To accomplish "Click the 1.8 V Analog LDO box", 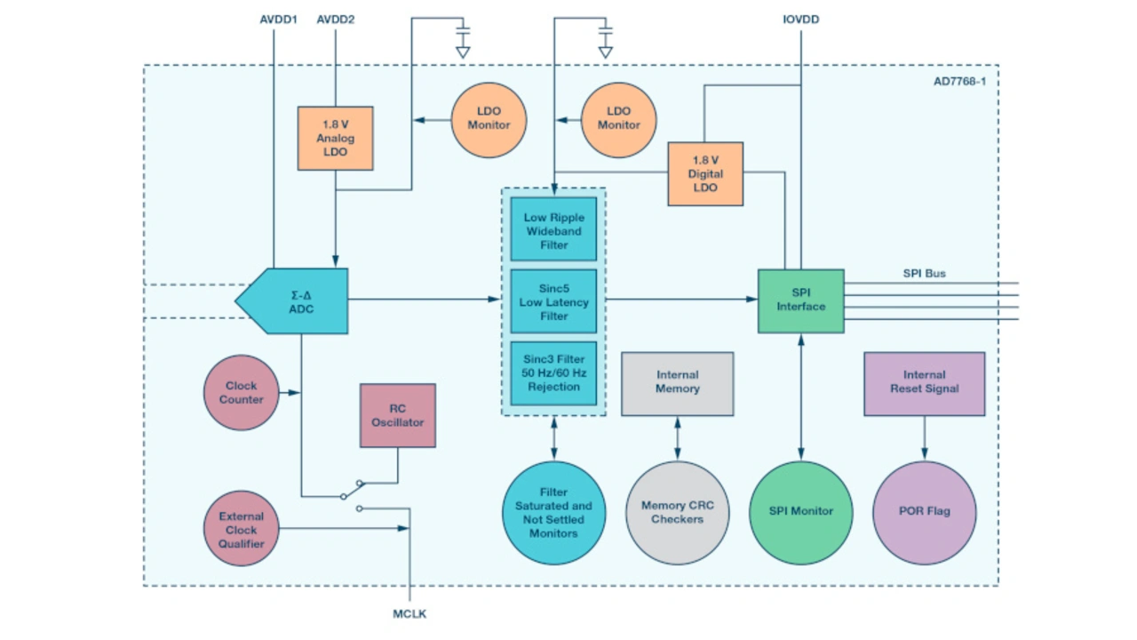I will click(x=335, y=138).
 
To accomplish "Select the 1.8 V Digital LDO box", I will click(x=705, y=174).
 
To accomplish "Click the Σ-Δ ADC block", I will click(x=298, y=301).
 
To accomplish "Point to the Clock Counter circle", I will click(x=242, y=392).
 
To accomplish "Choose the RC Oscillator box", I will click(x=397, y=415).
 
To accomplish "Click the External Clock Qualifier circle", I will click(x=242, y=529).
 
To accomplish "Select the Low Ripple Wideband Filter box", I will click(x=553, y=230).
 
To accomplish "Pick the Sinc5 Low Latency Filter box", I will click(x=553, y=301).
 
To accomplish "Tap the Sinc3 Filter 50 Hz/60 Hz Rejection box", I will click(x=553, y=373).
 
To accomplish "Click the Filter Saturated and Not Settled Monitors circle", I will click(x=553, y=513).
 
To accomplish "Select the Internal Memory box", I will click(x=677, y=383).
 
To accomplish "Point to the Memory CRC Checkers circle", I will click(x=677, y=513).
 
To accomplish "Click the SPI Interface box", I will click(x=800, y=300).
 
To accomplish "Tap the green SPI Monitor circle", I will click(x=800, y=511).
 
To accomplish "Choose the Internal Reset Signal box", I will click(x=924, y=383).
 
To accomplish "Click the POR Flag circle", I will click(x=924, y=511).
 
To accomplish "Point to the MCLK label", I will click(x=410, y=613).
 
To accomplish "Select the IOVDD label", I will click(x=800, y=19).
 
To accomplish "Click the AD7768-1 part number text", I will click(x=959, y=82).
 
